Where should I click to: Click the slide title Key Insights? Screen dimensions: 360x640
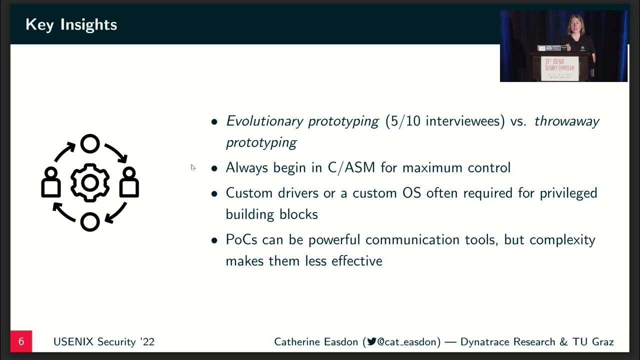click(71, 24)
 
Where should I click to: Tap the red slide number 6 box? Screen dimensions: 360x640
click(21, 341)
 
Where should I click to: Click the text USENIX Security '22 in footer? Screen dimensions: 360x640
click(104, 342)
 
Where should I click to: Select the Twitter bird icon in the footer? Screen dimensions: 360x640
click(371, 342)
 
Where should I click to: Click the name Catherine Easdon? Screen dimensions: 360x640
click(316, 342)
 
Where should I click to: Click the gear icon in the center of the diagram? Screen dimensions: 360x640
click(90, 183)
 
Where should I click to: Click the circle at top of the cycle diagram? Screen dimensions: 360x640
click(90, 144)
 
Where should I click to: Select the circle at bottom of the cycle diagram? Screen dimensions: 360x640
click(90, 222)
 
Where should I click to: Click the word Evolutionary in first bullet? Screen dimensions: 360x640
click(264, 121)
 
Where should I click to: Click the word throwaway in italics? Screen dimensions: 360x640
click(566, 121)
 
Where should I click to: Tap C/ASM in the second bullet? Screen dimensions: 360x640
click(351, 167)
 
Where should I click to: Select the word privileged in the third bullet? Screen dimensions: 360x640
click(568, 193)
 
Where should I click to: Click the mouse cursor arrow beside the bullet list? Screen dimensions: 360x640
click(193, 167)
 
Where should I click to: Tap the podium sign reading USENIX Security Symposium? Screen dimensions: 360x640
click(559, 67)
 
